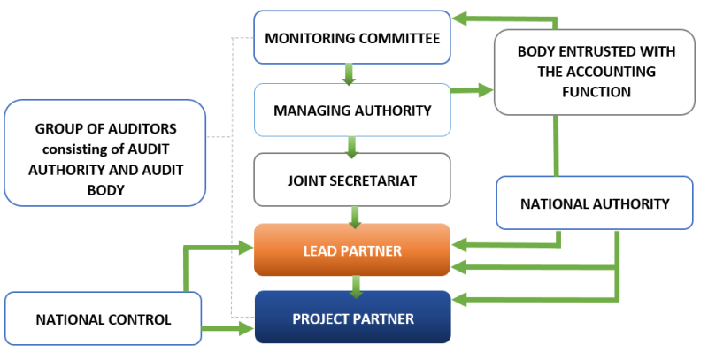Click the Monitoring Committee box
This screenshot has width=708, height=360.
click(352, 37)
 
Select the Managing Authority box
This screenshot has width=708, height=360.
click(352, 110)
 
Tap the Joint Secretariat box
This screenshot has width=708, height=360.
click(352, 180)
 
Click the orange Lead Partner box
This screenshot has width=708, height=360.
click(352, 249)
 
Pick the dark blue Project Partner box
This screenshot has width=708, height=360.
click(352, 318)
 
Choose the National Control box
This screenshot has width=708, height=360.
click(103, 319)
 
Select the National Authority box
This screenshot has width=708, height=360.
click(595, 203)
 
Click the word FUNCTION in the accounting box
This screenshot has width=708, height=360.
click(596, 92)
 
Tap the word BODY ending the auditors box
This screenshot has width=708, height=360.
click(105, 190)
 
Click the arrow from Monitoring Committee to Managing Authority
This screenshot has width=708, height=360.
click(349, 74)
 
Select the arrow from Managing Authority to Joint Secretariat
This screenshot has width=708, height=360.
click(351, 147)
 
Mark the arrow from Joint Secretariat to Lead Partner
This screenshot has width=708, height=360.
click(355, 217)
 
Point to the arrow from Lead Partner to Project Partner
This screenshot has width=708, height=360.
click(356, 287)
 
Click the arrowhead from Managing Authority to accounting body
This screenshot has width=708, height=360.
click(486, 90)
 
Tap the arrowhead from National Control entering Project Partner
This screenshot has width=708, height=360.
click(246, 328)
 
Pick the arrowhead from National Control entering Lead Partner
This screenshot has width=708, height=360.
click(246, 247)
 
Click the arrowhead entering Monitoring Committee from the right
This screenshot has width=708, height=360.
click(459, 19)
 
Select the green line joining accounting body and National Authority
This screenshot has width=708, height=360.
click(556, 146)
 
